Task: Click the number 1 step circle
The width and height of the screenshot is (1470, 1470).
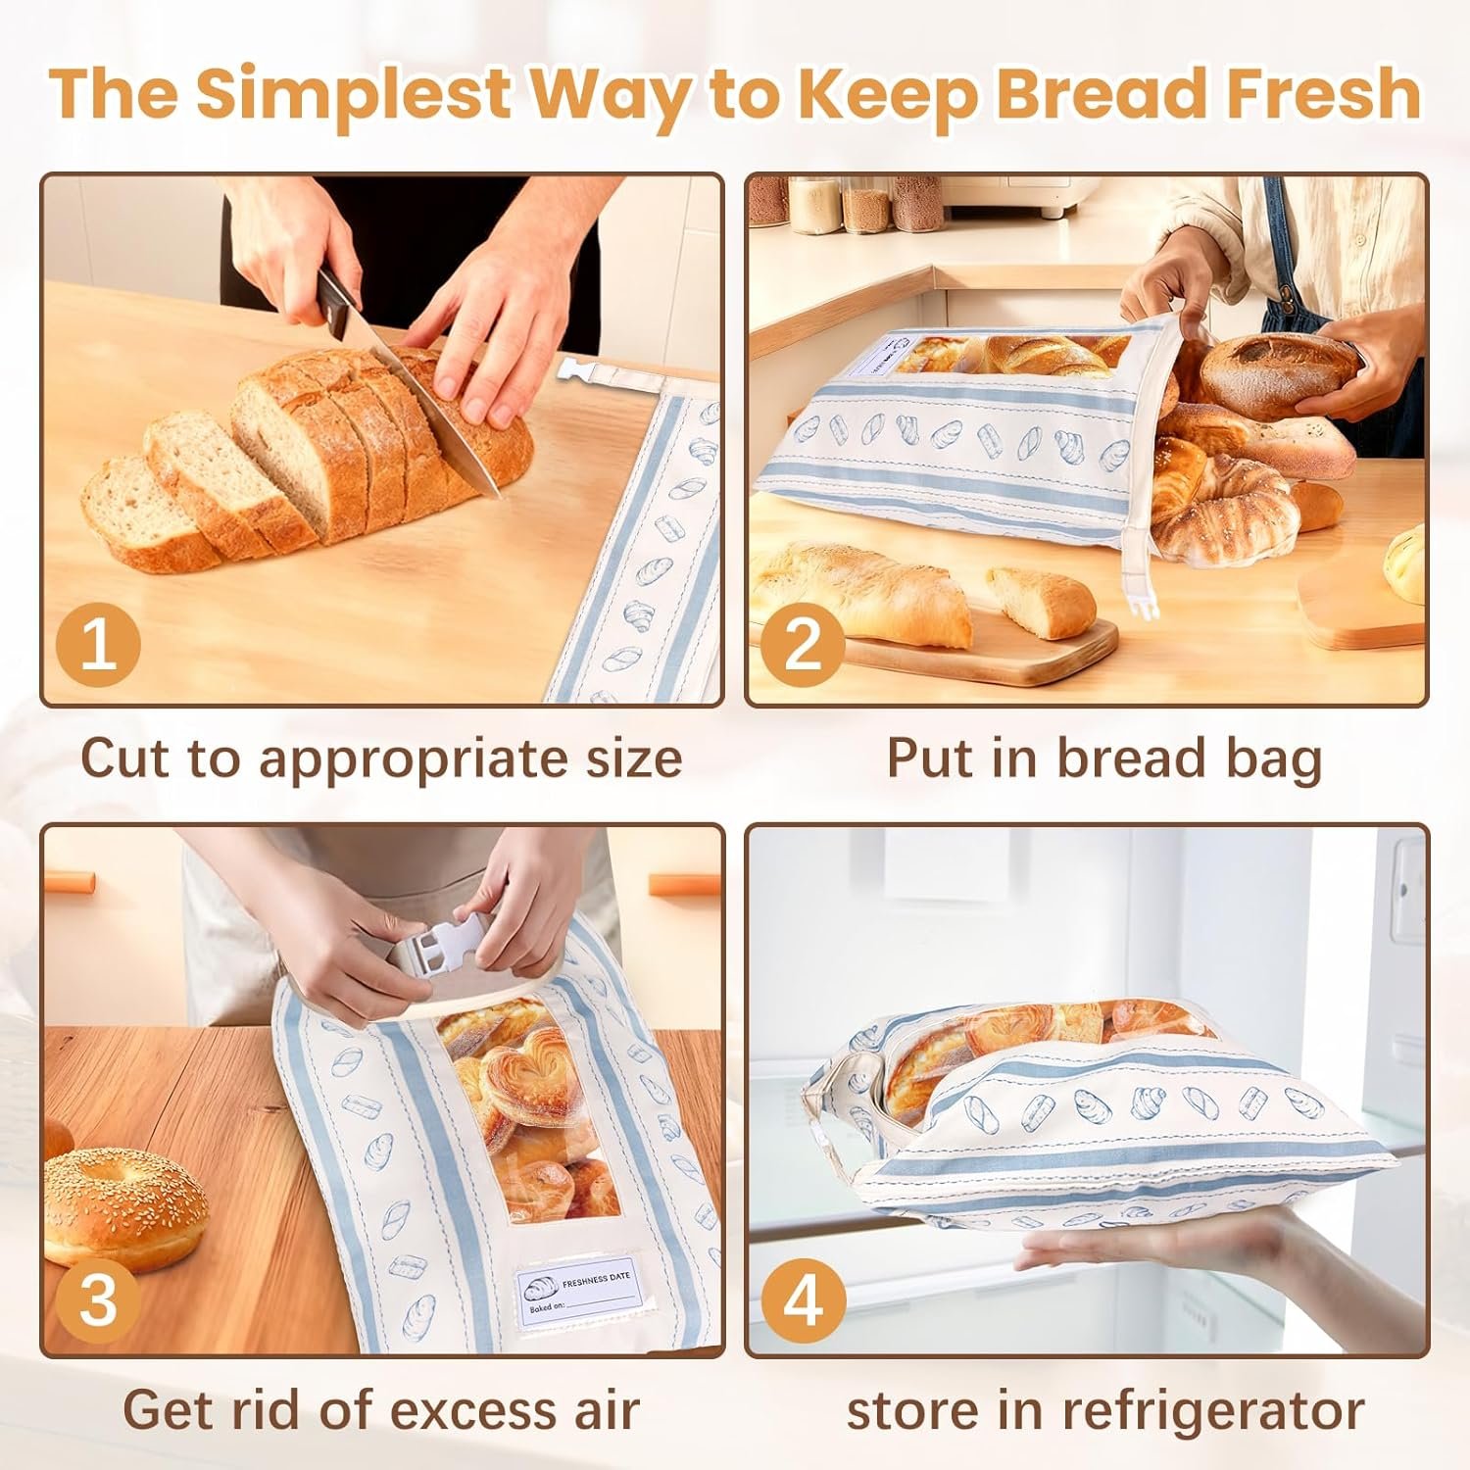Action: tap(98, 647)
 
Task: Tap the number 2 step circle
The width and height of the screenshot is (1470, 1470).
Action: tap(803, 647)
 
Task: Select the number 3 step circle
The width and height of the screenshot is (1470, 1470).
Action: tap(98, 1300)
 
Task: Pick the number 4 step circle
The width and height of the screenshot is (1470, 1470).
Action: tap(803, 1300)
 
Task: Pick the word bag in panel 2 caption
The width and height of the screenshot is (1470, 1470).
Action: tap(1276, 759)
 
